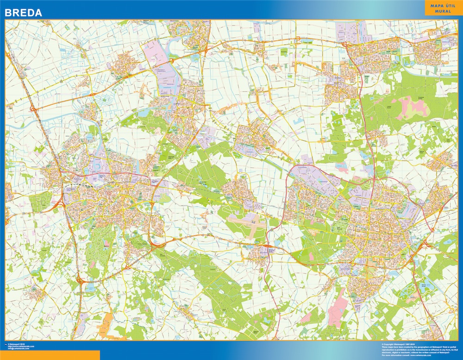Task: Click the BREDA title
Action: coord(23,13)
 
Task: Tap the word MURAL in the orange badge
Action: coord(437,11)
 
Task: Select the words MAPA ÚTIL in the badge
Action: coord(437,5)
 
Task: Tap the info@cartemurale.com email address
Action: coord(18,348)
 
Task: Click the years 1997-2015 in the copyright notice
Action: coord(411,344)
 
